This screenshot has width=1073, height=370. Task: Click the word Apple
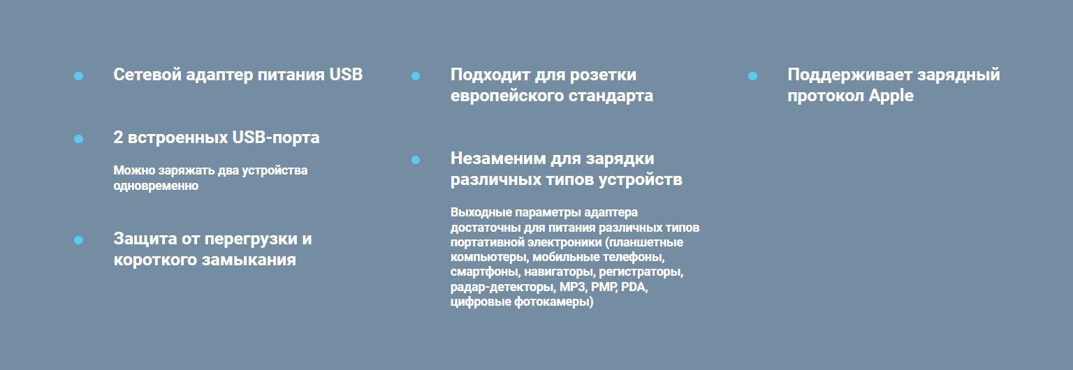[x=891, y=96]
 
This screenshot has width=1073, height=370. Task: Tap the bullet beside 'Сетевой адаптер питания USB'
[x=78, y=76]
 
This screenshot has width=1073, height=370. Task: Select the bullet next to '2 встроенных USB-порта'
[x=78, y=139]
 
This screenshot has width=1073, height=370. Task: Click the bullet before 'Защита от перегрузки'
[x=78, y=240]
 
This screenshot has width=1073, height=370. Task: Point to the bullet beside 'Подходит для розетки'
[x=416, y=76]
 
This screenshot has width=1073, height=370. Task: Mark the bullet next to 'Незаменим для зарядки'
[x=416, y=160]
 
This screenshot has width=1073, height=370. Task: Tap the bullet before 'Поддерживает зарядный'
[x=752, y=76]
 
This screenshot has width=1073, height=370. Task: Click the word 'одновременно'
[x=156, y=186]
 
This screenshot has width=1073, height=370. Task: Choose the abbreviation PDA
[x=634, y=287]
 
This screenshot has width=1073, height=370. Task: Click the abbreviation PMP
[x=604, y=287]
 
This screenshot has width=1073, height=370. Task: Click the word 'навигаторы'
[x=559, y=272]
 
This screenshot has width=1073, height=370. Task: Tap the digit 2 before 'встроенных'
[x=118, y=138]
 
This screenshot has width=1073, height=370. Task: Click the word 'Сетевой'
[x=147, y=75]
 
